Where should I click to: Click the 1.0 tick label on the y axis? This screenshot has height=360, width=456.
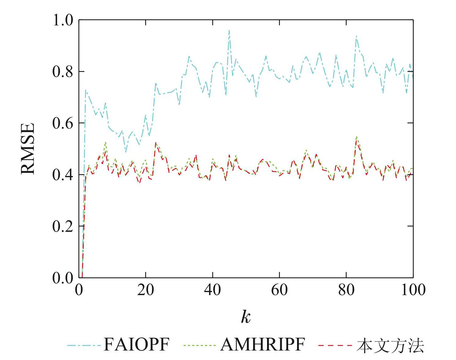point(63,20)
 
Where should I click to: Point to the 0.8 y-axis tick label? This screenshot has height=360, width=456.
point(63,72)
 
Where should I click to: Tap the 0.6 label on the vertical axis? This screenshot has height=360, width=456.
point(63,123)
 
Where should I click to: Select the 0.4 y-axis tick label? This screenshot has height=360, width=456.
point(63,175)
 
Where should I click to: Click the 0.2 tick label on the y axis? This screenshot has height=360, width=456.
point(63,226)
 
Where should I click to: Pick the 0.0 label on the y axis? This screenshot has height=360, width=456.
point(63,278)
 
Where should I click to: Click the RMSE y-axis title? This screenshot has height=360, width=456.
point(28,149)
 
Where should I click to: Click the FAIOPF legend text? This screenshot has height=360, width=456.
point(136,345)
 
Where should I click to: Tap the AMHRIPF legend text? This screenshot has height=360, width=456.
point(262,345)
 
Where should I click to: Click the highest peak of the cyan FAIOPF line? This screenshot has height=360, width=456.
point(229,31)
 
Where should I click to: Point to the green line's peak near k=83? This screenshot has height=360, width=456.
point(356,137)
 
